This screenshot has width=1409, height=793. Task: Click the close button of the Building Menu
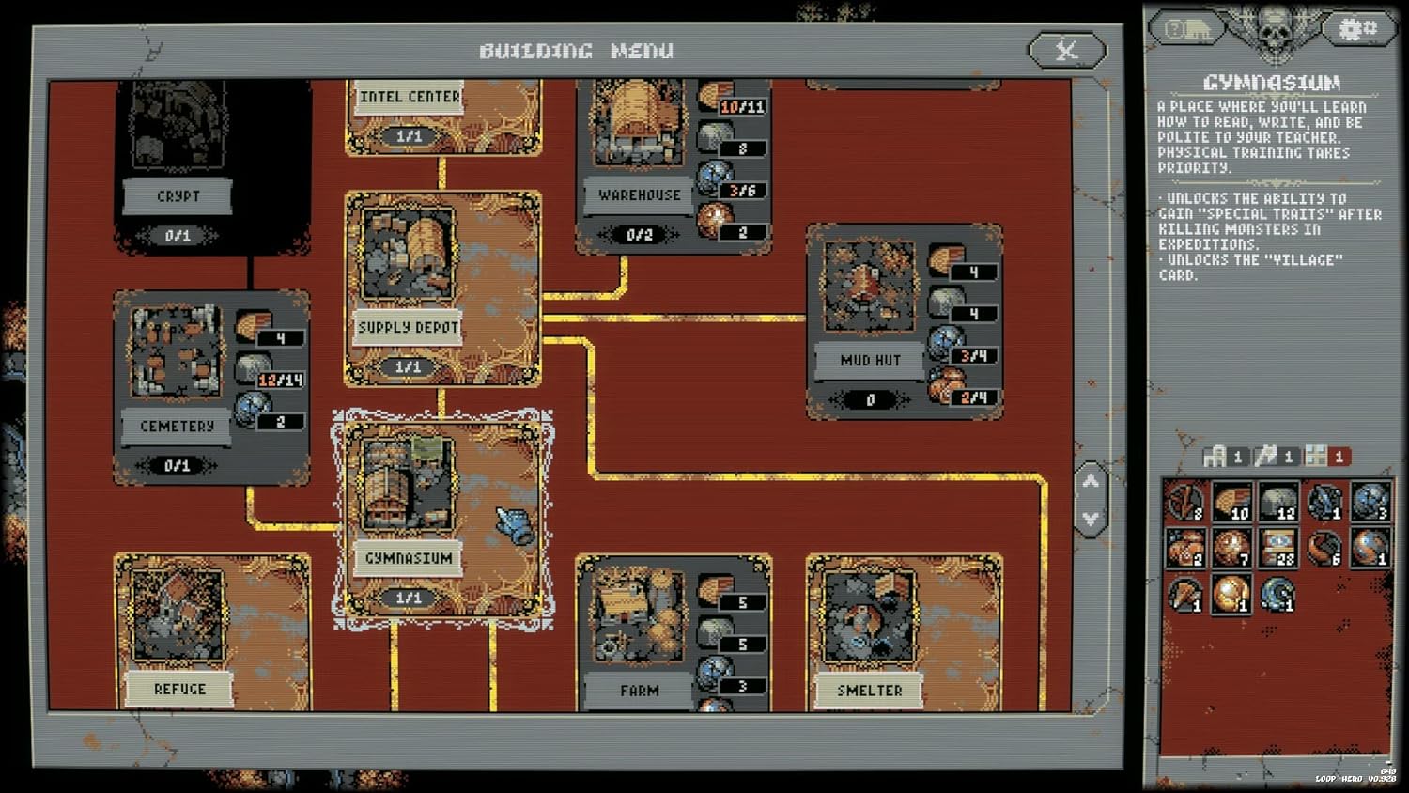(x=1066, y=50)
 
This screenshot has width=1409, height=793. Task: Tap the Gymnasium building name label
(x=409, y=558)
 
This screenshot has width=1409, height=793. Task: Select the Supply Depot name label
(x=409, y=328)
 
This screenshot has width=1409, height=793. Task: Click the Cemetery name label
(x=178, y=427)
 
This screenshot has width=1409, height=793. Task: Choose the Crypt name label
(x=178, y=196)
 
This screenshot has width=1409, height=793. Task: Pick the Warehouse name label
(x=640, y=195)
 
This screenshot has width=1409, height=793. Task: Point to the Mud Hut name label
(x=870, y=360)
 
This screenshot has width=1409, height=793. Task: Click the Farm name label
(x=640, y=691)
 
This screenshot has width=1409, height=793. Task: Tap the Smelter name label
(x=870, y=691)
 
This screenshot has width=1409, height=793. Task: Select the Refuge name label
(x=179, y=689)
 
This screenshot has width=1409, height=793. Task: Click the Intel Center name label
(x=410, y=97)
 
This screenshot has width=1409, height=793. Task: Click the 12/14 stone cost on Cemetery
(x=281, y=380)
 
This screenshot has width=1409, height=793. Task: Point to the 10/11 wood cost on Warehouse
(x=743, y=107)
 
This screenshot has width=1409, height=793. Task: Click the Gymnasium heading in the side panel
(x=1271, y=83)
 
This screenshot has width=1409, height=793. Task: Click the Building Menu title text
(x=576, y=51)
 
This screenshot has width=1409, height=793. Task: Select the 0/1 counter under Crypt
(x=178, y=236)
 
